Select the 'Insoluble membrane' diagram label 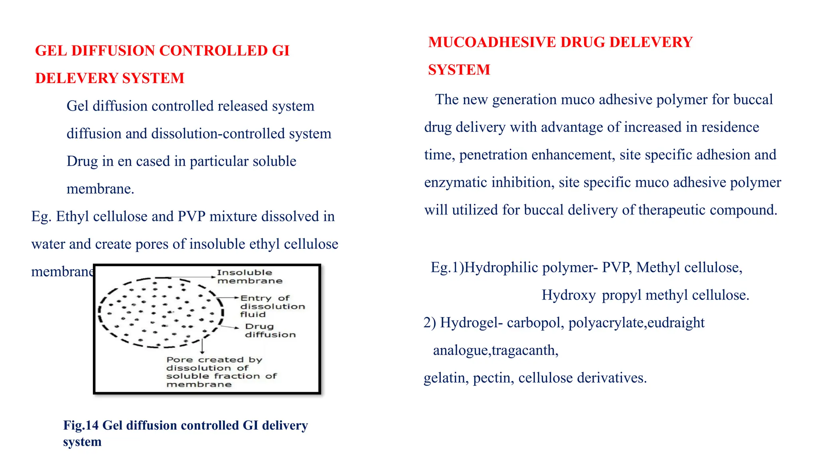(249, 277)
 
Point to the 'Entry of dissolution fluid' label (272, 306)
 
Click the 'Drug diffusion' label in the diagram (270, 331)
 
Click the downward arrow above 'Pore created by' (203, 346)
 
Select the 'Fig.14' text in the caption (81, 426)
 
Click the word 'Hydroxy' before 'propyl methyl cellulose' (568, 295)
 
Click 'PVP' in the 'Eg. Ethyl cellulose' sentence (191, 216)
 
